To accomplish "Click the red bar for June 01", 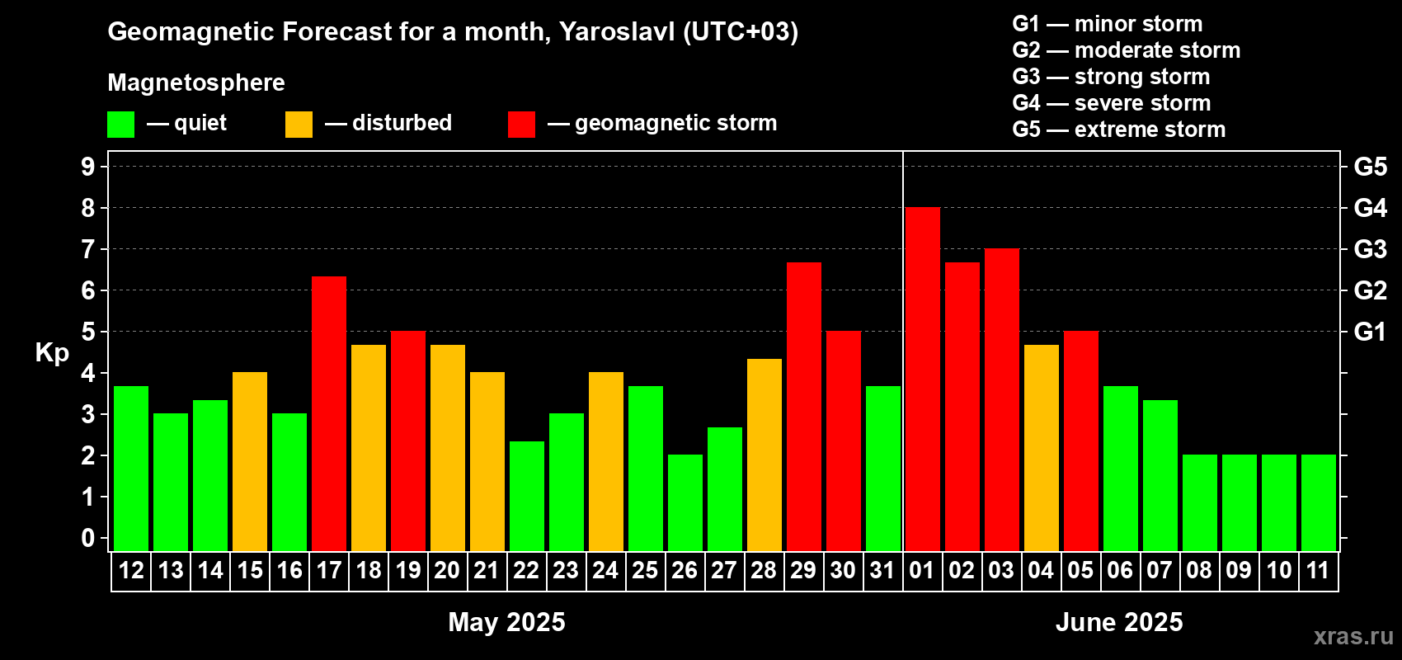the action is click(923, 379).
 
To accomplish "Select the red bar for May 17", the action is click(329, 414).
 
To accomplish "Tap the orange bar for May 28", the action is click(765, 455).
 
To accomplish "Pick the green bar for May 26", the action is click(685, 502).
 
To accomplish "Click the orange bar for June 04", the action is click(1042, 448).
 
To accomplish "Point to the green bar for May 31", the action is click(883, 469).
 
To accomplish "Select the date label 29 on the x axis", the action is click(803, 570).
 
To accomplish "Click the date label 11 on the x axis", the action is click(1318, 570).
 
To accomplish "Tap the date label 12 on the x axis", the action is click(131, 570).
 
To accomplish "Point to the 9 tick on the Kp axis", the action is click(88, 167).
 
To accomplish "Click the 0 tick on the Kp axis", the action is click(88, 538).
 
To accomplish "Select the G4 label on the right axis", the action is click(1371, 208).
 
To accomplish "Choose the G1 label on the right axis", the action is click(1371, 332).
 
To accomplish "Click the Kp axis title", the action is click(52, 353).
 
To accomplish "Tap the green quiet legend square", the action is click(120, 124).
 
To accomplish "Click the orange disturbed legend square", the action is click(299, 124).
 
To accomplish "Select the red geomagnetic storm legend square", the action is click(522, 124).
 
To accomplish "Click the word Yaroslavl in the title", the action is click(617, 31).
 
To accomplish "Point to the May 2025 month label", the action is click(507, 622).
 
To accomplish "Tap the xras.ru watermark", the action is click(1354, 636).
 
